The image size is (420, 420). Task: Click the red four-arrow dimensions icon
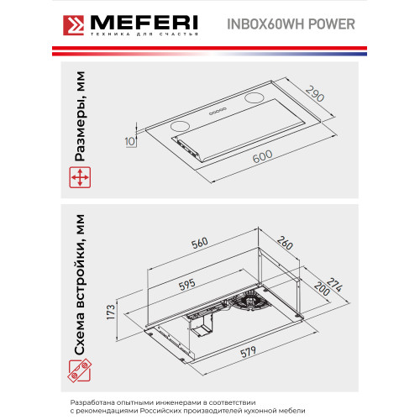pyautogui.click(x=78, y=177)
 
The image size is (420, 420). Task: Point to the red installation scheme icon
pyautogui.click(x=78, y=370)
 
